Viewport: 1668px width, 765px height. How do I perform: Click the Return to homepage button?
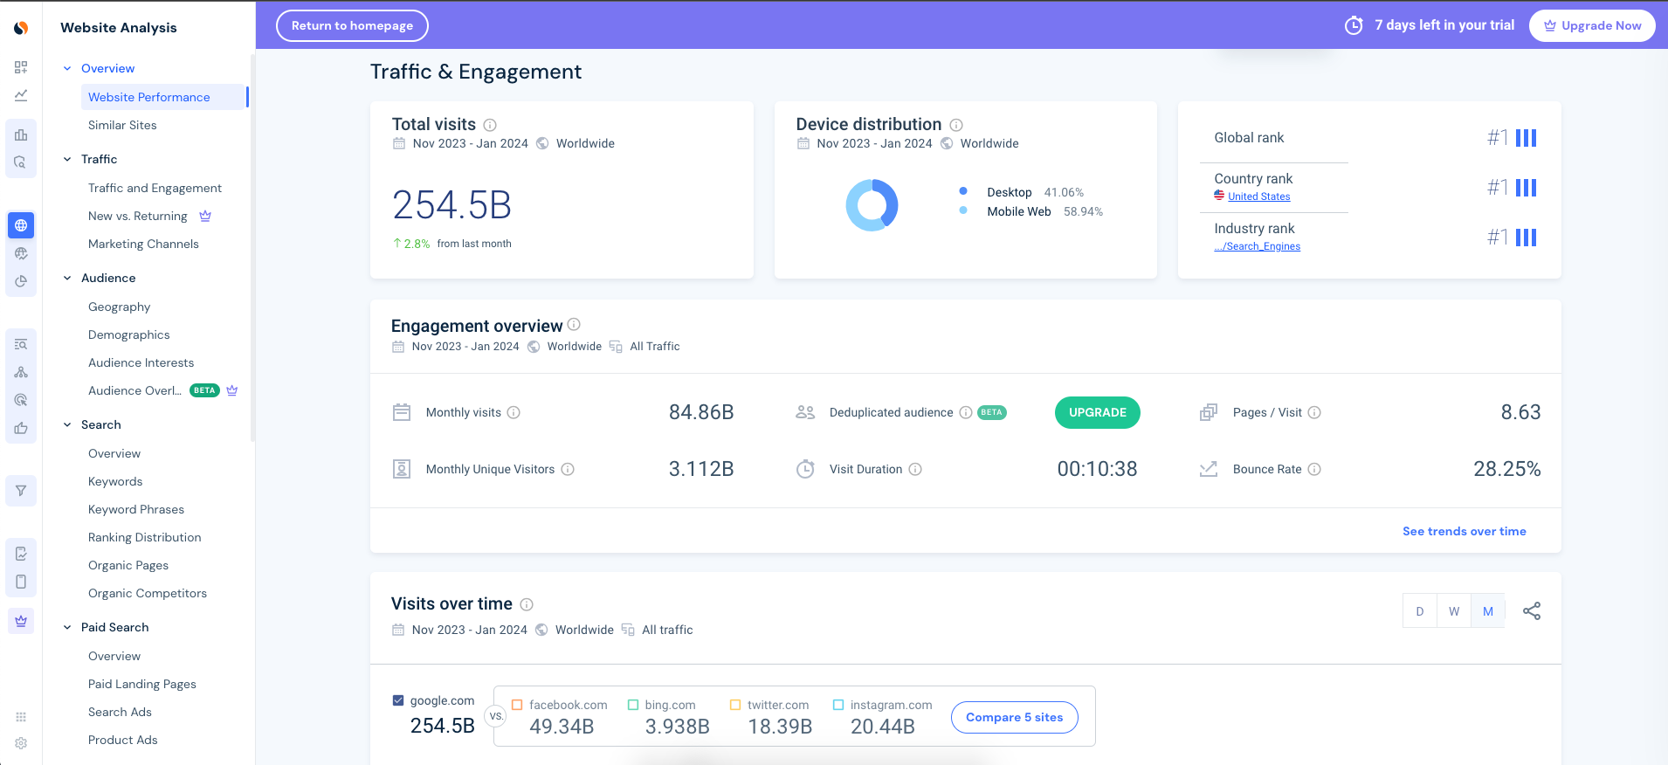point(352,25)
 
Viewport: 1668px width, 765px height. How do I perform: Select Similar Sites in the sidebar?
point(122,125)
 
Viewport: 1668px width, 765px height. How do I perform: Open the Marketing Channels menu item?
point(143,244)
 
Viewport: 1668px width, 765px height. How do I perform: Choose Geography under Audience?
point(119,307)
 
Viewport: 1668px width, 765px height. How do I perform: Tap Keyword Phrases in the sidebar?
point(136,509)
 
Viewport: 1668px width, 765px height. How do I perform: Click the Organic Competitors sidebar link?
point(148,593)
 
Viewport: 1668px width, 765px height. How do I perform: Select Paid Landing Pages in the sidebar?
point(142,684)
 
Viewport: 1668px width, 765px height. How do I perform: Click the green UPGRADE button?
point(1097,412)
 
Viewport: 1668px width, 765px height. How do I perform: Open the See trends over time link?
point(1464,531)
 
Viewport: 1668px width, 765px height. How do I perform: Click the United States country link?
point(1258,196)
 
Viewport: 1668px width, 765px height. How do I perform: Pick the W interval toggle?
point(1453,611)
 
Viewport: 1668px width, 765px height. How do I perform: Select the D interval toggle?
point(1419,611)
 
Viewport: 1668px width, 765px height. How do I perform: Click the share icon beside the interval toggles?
point(1531,611)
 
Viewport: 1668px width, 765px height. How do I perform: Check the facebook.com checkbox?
point(517,705)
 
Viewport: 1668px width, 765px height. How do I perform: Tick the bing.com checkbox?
point(633,705)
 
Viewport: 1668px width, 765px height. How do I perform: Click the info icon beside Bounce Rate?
point(1314,469)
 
